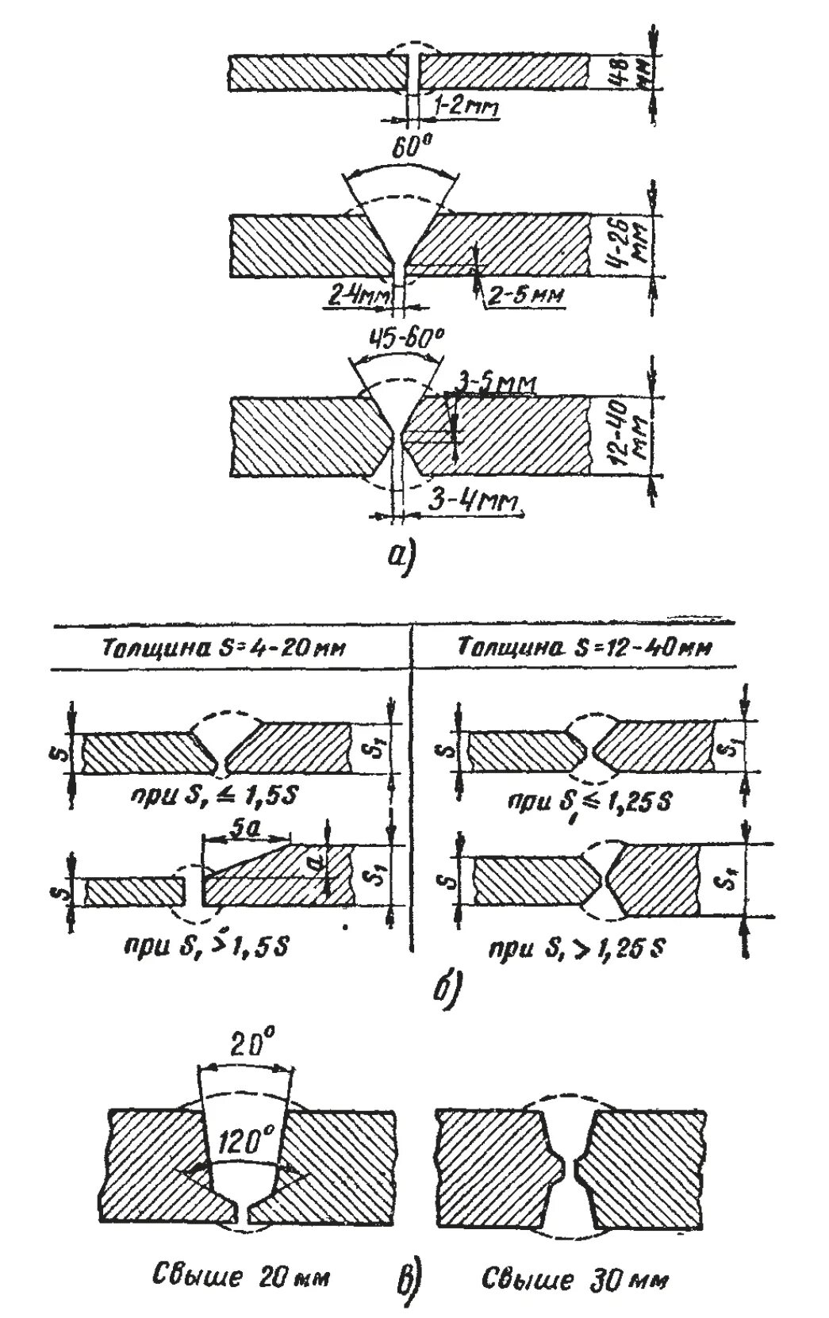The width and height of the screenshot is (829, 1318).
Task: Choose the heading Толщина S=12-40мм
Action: [585, 647]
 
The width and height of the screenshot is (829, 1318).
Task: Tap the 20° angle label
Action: [248, 1047]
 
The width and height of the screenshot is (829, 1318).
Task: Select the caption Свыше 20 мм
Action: [240, 1278]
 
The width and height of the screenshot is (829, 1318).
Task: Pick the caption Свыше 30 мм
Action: [575, 1278]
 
